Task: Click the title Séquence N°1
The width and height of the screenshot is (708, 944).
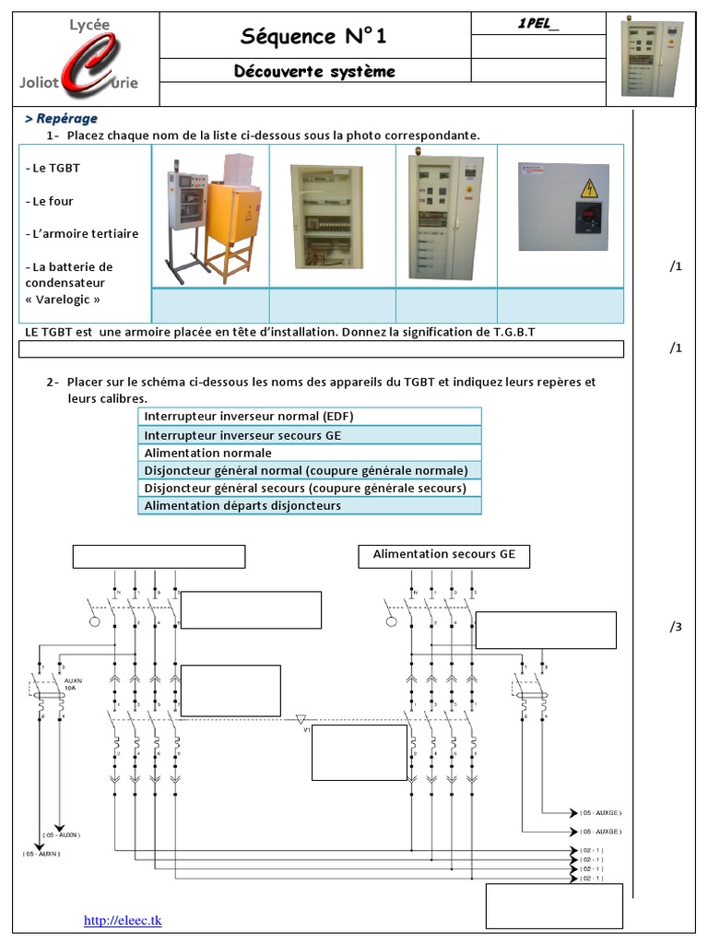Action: pyautogui.click(x=313, y=36)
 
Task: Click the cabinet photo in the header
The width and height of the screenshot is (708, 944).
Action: pyautogui.click(x=652, y=59)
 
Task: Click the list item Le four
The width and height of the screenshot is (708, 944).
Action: pyautogui.click(x=52, y=201)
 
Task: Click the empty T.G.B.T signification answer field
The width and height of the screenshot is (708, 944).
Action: pyautogui.click(x=321, y=349)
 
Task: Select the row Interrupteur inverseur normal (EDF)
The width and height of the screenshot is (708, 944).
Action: pyautogui.click(x=310, y=416)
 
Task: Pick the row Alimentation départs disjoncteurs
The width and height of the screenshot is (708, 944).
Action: pyautogui.click(x=310, y=505)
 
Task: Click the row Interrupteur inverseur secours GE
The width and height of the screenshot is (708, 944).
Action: pyautogui.click(x=310, y=434)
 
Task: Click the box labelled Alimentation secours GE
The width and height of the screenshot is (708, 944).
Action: pyautogui.click(x=443, y=555)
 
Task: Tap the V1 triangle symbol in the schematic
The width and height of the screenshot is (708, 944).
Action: pyautogui.click(x=301, y=718)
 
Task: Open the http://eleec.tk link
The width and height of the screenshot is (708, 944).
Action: pyautogui.click(x=123, y=920)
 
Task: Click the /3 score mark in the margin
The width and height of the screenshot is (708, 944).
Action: pyautogui.click(x=676, y=627)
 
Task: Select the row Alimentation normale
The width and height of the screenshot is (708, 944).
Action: pyautogui.click(x=310, y=453)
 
